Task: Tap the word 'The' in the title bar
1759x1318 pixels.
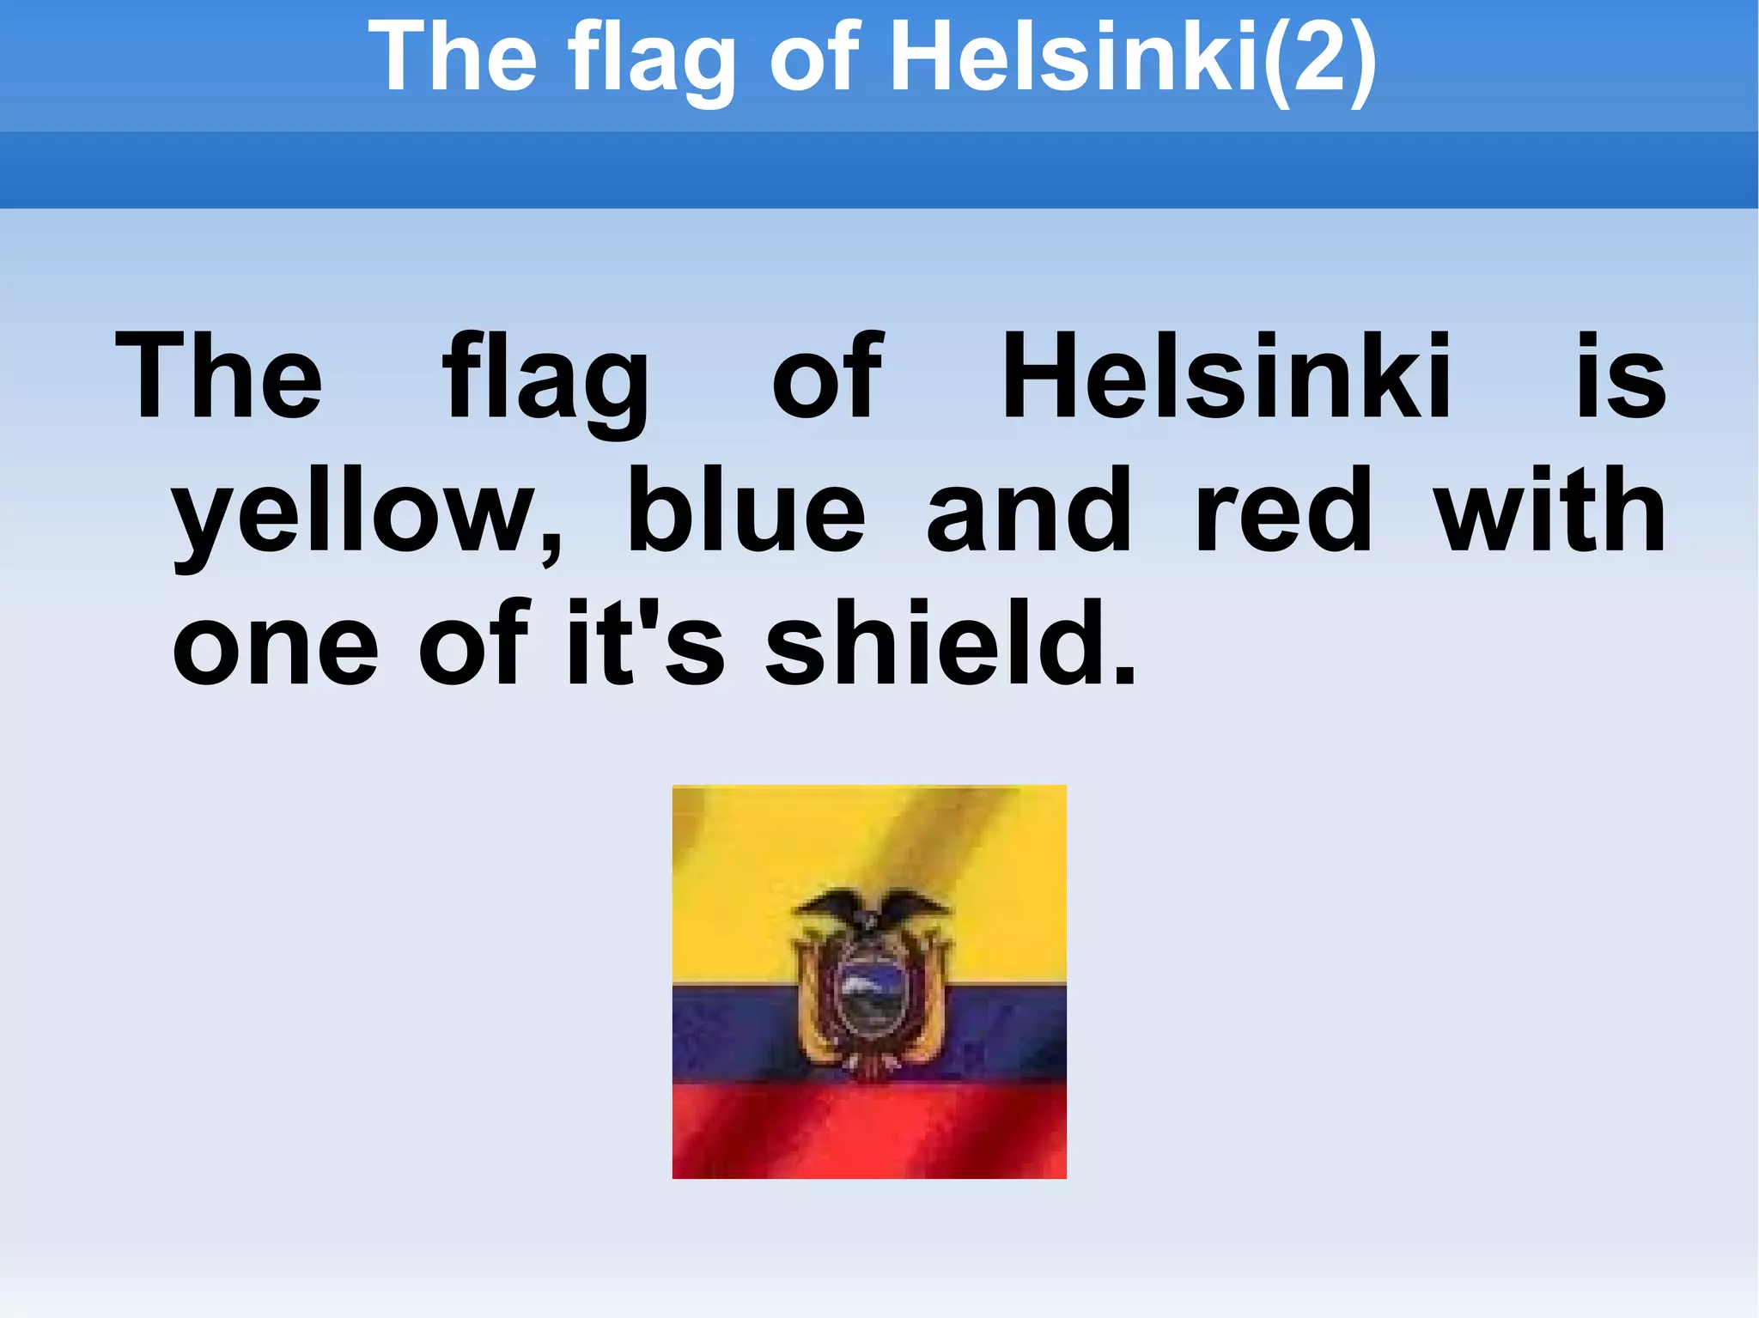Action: tap(453, 58)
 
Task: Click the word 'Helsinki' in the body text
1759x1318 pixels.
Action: tap(1226, 378)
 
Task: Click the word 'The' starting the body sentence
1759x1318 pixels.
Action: tap(219, 378)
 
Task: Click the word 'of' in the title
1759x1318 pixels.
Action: tap(814, 58)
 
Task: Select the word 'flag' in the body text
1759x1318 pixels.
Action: tap(546, 382)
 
